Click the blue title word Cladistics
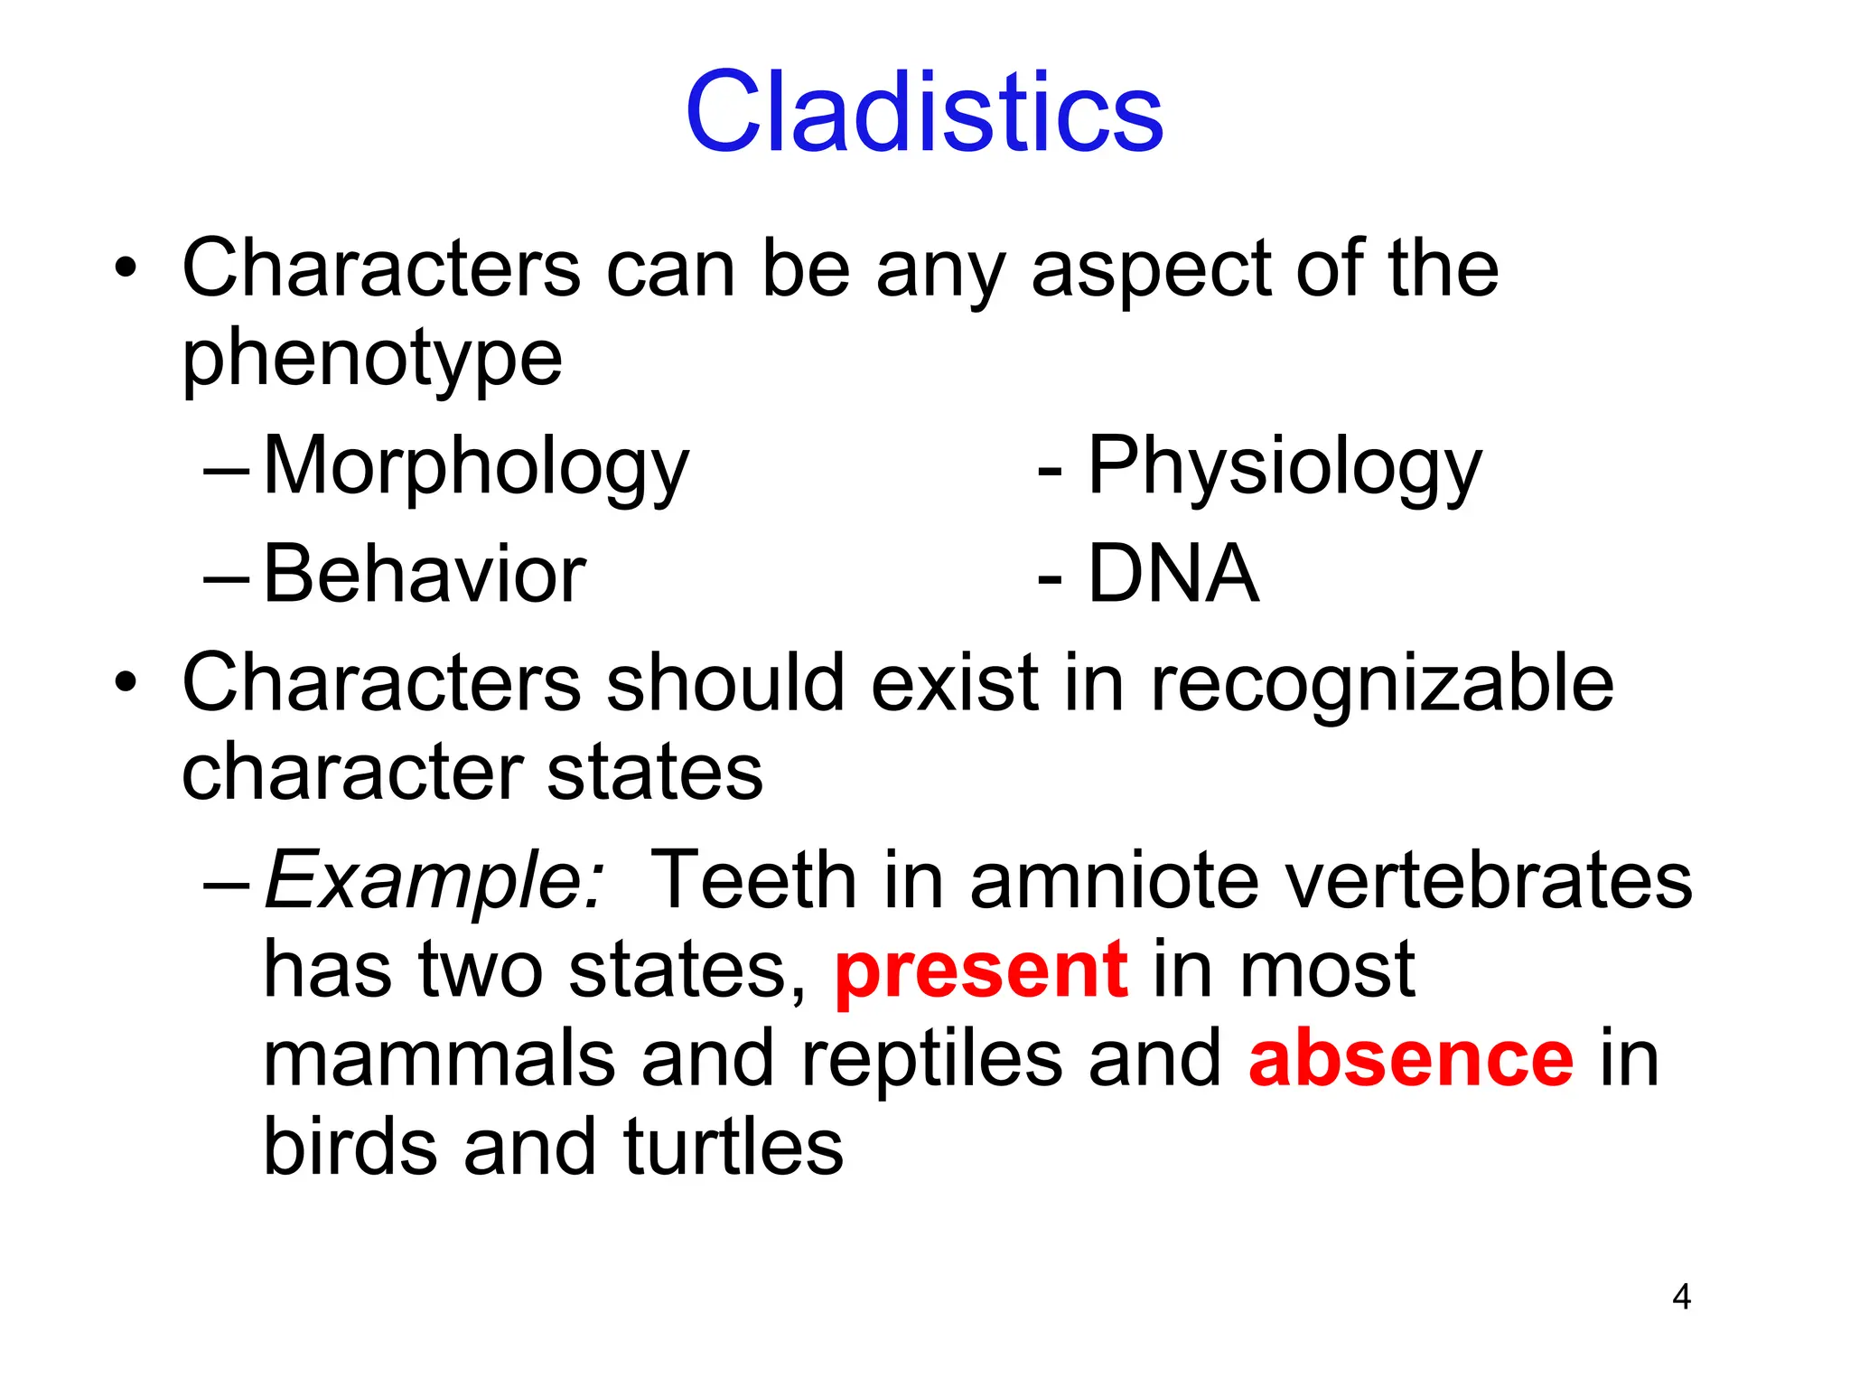coord(924,112)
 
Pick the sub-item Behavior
coord(425,575)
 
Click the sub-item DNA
coord(1173,575)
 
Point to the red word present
coord(981,971)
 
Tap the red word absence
coord(1411,1059)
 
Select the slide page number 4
coord(1681,1297)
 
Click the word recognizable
coord(1381,685)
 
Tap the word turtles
coord(733,1148)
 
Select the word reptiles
coord(931,1059)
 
